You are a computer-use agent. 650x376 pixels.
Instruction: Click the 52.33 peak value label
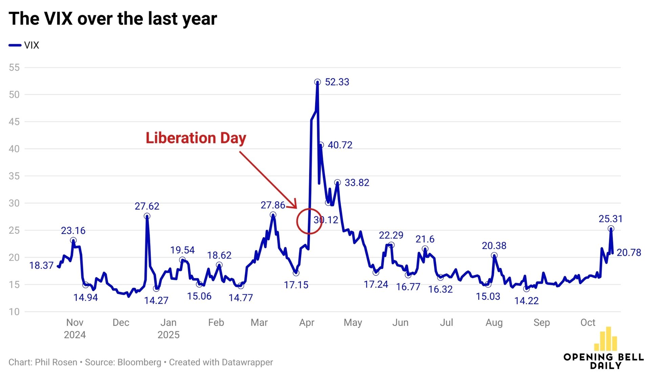[337, 82]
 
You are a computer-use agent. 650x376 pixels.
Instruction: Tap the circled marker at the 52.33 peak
[317, 82]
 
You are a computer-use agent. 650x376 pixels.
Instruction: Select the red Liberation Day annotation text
[196, 138]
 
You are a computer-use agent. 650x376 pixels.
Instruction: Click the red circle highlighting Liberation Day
[309, 221]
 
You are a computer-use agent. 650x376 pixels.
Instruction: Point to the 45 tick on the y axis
[14, 122]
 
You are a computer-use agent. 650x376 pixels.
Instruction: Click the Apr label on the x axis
[307, 322]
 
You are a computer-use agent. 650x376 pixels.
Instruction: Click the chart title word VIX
[58, 19]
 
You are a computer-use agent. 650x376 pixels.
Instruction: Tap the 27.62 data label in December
[147, 206]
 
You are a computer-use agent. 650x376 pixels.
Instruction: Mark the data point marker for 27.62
[147, 216]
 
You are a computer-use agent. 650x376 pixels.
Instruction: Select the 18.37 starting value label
[41, 265]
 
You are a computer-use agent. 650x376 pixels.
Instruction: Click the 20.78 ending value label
[629, 252]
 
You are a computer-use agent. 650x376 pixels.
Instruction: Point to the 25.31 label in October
[610, 219]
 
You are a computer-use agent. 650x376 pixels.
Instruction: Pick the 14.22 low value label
[526, 301]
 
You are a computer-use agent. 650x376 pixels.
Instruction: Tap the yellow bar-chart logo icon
[606, 339]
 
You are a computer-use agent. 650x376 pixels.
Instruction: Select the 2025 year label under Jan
[168, 335]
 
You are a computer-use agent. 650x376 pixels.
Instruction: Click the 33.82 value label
[357, 183]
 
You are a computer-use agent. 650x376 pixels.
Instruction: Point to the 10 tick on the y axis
[14, 312]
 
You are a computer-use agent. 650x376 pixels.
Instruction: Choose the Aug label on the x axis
[494, 322]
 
